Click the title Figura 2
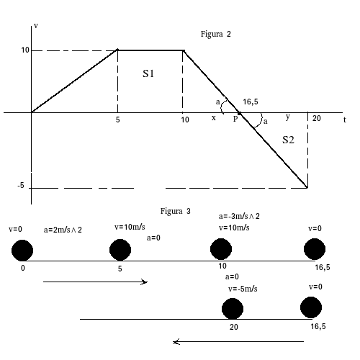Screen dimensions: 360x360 point(215,35)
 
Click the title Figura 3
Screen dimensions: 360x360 point(175,212)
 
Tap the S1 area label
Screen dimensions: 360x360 point(148,73)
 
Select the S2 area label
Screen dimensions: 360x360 point(288,140)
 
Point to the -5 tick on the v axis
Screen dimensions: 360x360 point(21,185)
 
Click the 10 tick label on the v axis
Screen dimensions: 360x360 point(25,50)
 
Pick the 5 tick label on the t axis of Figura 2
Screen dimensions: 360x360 point(117,120)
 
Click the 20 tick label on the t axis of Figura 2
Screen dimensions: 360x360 point(317,118)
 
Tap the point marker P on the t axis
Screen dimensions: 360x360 point(239,113)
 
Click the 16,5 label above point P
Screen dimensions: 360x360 point(251,102)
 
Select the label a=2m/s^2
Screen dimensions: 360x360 point(63,230)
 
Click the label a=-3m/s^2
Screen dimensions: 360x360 point(239,216)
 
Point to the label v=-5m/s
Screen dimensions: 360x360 point(243,289)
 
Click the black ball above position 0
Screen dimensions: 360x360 point(22,251)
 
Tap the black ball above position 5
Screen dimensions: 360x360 point(120,250)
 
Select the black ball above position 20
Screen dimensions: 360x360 point(233,309)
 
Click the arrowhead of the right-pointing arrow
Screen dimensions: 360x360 point(145,282)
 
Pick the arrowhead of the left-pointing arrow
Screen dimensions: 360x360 point(175,342)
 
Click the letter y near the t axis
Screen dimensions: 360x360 point(288,117)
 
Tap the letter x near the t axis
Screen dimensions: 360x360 point(214,118)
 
